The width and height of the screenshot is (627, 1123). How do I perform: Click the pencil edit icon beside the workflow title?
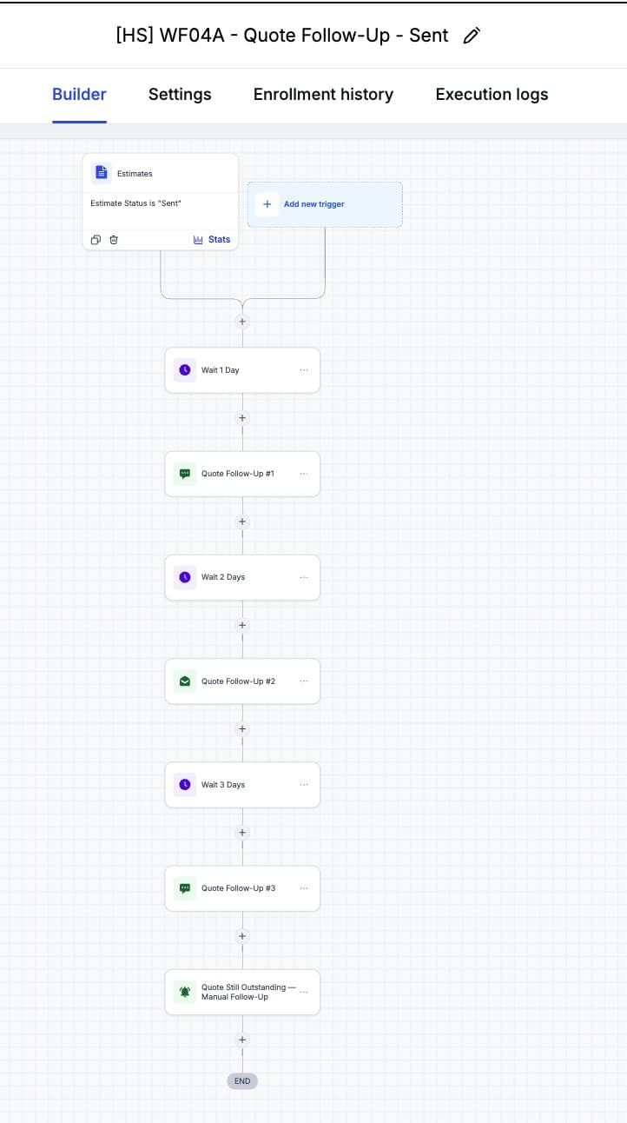pos(472,36)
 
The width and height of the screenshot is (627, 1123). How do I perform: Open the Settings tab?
pos(180,94)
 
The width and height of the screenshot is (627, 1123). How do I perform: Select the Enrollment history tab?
pos(323,94)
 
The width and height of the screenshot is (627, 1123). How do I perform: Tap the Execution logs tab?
pos(492,94)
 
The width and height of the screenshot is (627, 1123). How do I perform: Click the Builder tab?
pos(79,94)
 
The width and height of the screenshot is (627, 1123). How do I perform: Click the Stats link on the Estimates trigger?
pos(212,240)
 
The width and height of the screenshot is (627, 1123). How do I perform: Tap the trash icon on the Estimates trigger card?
pos(114,240)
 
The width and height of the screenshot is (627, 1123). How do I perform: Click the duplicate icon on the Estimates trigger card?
pos(96,240)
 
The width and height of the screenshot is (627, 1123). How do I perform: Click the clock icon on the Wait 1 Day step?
pos(185,370)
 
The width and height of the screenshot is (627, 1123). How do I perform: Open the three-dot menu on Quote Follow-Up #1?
pos(303,474)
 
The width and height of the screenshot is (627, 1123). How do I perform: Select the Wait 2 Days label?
pos(223,577)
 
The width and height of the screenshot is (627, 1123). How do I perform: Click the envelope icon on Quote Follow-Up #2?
pos(185,681)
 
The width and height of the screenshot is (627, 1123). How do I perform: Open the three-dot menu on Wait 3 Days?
pos(303,785)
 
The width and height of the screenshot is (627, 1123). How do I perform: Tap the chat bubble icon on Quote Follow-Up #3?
pos(185,888)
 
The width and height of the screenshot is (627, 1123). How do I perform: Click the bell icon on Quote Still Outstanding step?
pos(185,992)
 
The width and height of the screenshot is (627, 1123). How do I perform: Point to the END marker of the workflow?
pos(242,1081)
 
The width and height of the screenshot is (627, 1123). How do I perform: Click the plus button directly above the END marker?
pos(242,1040)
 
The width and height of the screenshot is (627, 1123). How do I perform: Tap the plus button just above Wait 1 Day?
pos(242,322)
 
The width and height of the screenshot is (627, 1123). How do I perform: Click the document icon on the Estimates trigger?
pos(101,172)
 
